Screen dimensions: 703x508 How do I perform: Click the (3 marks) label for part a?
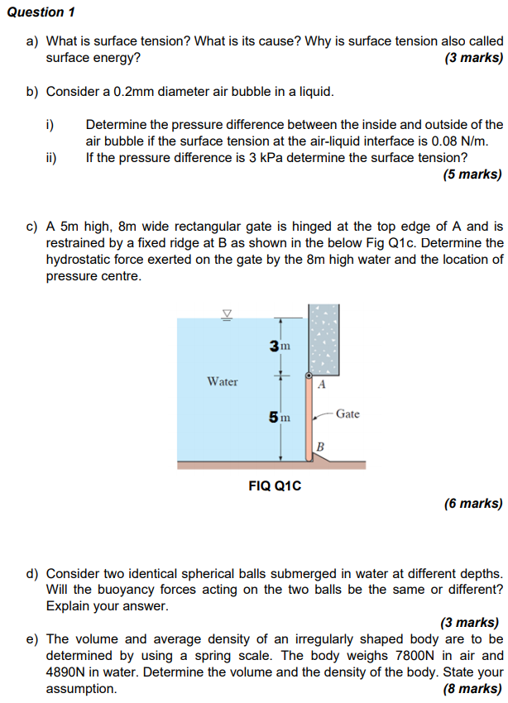(x=473, y=58)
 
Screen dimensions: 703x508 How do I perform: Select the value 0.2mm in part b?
(x=137, y=91)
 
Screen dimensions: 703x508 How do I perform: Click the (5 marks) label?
(x=473, y=174)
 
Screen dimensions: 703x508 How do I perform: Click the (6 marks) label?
(x=473, y=503)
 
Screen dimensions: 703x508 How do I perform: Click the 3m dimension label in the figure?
(x=280, y=345)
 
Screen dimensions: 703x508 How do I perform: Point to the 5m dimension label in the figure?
(x=279, y=418)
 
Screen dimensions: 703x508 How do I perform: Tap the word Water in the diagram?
(x=223, y=381)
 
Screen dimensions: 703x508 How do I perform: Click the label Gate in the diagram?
(x=347, y=414)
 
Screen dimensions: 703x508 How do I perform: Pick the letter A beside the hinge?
(x=323, y=385)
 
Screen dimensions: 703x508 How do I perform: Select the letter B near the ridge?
(x=321, y=447)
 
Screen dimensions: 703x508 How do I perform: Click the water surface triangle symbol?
(x=225, y=313)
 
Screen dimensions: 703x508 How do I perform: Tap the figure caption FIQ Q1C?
(x=275, y=485)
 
